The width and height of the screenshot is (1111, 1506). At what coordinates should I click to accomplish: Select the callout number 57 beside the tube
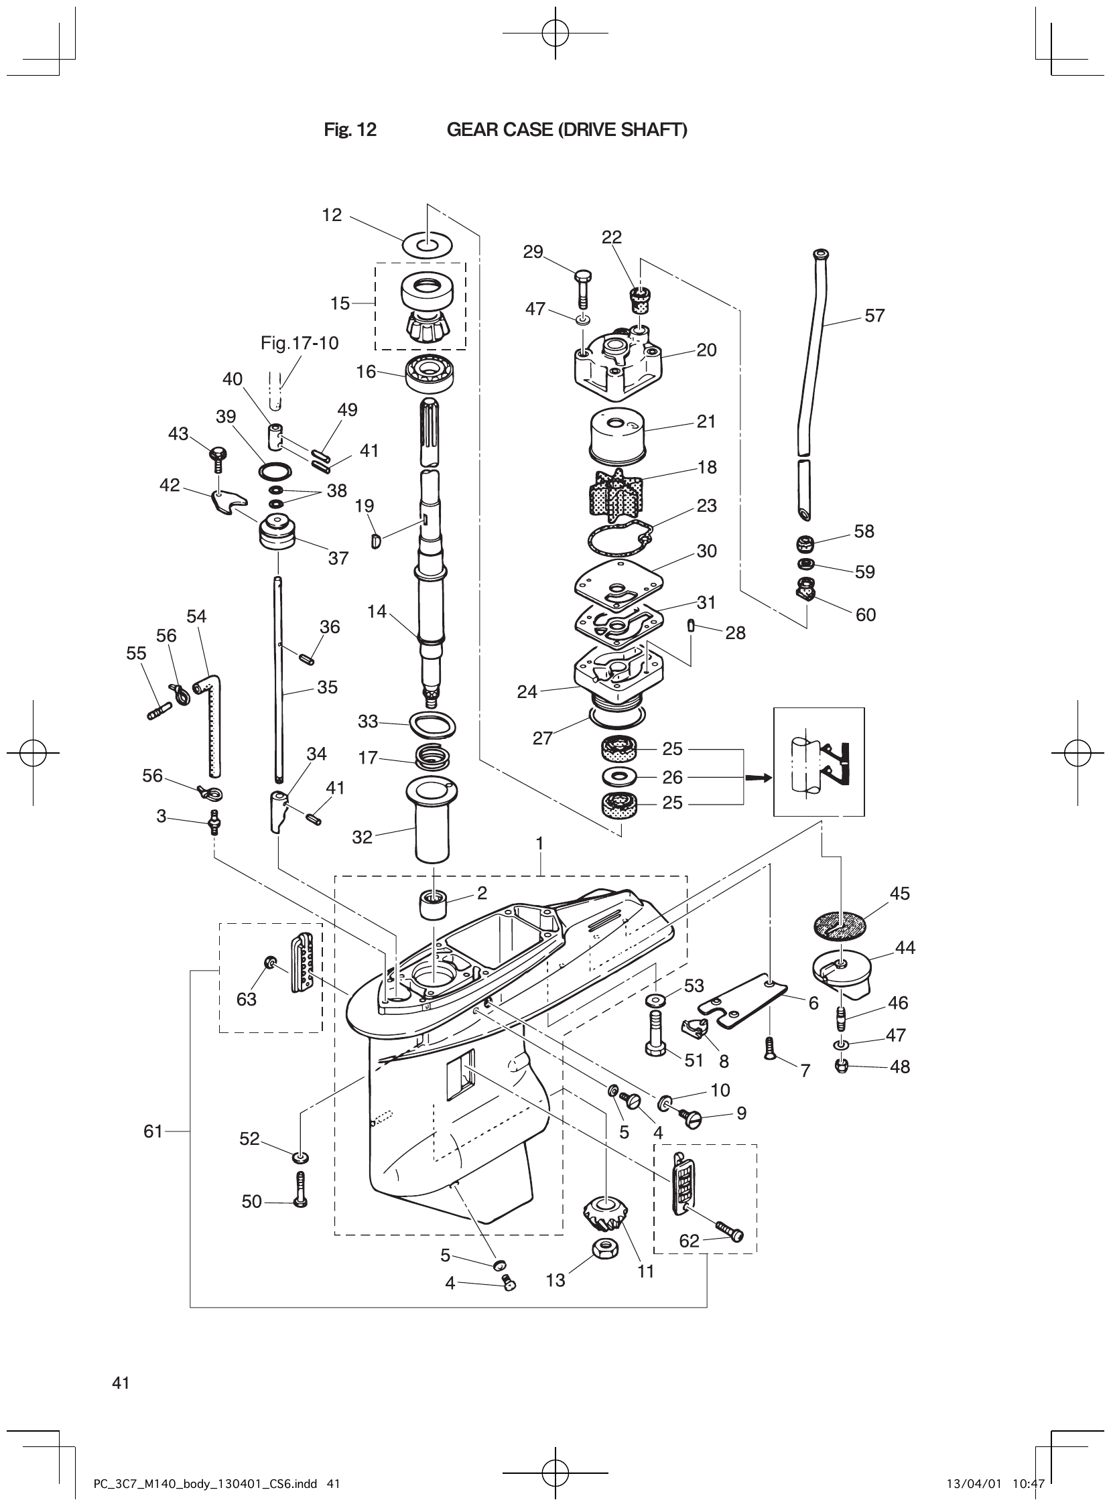click(x=874, y=316)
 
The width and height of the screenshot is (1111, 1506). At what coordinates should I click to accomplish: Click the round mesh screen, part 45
click(x=840, y=925)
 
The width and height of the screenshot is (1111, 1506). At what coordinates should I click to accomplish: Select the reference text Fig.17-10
click(x=300, y=343)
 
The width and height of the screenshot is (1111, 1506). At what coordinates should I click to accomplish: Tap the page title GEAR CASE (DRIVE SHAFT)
click(x=567, y=130)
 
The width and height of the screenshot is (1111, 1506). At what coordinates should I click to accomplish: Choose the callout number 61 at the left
click(x=153, y=1132)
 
